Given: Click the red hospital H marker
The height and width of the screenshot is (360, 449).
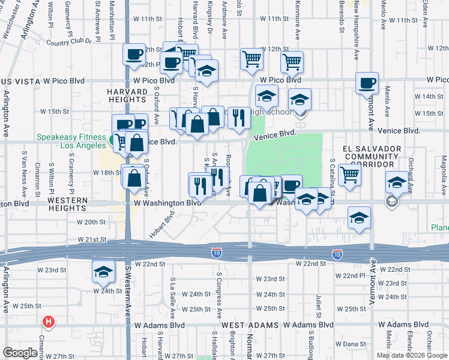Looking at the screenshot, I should pos(49,322).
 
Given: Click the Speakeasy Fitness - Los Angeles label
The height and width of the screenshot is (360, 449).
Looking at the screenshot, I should pos(70,140).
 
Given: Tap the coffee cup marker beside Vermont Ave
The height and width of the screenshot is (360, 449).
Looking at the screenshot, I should pos(367,83).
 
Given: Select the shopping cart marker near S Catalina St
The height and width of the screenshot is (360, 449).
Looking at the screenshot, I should pos(349,175).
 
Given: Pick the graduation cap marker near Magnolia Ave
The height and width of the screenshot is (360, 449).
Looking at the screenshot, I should pos(396,182).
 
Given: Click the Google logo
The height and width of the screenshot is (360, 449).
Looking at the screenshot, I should pos(20,353).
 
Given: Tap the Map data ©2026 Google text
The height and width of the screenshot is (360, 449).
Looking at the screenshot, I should pos(412,355).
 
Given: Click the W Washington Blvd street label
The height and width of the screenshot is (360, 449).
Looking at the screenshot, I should pos(167,203).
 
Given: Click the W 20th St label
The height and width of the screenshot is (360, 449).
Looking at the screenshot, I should pos(91,222).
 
